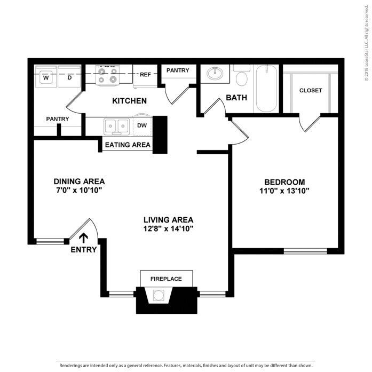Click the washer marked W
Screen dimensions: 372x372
point(46,76)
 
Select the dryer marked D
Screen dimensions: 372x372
point(69,76)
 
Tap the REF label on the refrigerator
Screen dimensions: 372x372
point(145,75)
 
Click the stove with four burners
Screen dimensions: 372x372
point(107,75)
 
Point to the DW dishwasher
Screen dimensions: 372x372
point(142,126)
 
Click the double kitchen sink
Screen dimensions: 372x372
point(117,126)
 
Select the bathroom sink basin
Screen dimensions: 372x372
point(215,73)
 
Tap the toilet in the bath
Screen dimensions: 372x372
point(242,76)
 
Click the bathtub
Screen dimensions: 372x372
point(267,88)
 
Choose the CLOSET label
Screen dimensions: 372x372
point(311,90)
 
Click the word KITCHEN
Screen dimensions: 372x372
point(129,101)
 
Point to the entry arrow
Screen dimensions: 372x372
point(83,238)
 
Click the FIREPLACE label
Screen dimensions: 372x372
point(166,279)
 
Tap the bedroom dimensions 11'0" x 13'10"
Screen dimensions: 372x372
point(284,191)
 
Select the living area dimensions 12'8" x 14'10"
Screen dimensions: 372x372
point(168,229)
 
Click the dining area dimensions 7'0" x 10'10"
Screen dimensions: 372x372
point(79,191)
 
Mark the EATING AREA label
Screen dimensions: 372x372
point(128,145)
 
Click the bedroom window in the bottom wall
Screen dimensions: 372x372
point(305,251)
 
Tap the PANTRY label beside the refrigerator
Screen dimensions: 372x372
point(178,70)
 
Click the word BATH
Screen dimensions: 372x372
point(236,98)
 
